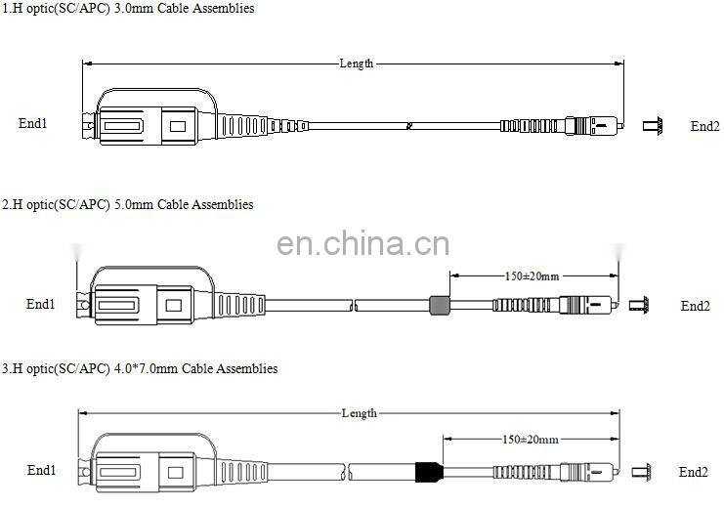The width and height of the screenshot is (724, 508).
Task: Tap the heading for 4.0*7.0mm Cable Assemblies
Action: click(x=139, y=369)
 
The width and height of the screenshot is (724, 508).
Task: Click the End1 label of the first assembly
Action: click(x=33, y=124)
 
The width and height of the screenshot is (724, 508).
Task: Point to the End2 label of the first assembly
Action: click(x=704, y=126)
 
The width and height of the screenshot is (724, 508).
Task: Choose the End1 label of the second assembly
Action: click(x=40, y=305)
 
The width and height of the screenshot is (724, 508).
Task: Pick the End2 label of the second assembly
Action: click(x=695, y=306)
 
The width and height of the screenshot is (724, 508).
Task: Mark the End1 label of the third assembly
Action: click(x=41, y=471)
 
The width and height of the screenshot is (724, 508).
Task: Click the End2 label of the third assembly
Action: click(x=693, y=472)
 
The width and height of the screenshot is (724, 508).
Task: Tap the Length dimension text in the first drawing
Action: click(x=357, y=63)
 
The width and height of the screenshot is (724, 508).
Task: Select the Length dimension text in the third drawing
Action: click(x=359, y=413)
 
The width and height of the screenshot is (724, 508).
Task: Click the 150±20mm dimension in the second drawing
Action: click(x=531, y=276)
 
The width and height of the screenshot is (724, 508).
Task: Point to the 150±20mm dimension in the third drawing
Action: click(x=531, y=441)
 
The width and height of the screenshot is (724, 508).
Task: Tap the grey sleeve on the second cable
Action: click(x=440, y=306)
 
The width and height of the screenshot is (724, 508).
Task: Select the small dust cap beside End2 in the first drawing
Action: click(x=653, y=126)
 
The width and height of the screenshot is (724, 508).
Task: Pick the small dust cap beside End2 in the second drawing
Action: click(x=640, y=306)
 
